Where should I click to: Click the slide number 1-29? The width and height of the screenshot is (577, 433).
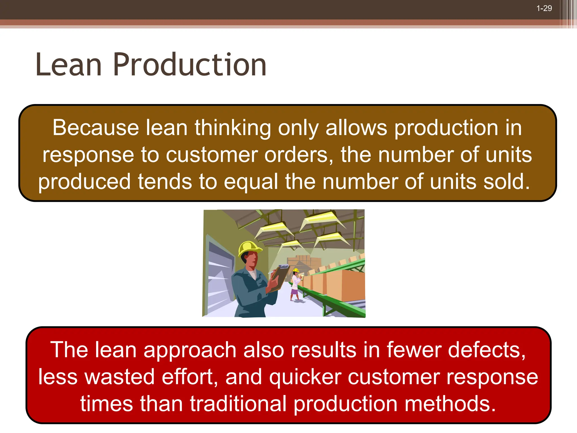[544, 8]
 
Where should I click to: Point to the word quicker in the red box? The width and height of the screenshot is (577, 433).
[305, 377]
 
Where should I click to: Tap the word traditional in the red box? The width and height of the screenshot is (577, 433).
[238, 404]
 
